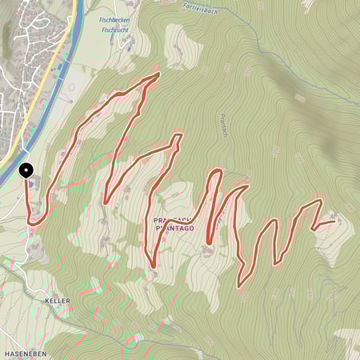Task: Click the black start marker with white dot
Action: (26, 170)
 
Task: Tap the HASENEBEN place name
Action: (23, 353)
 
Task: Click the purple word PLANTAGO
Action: (174, 228)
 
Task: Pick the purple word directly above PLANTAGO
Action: (174, 219)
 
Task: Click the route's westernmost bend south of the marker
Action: (30, 218)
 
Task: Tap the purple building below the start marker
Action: (31, 185)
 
